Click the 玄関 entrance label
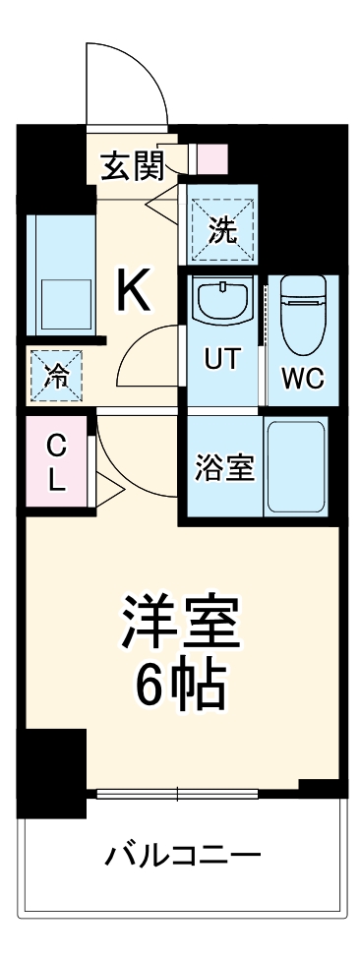(x=132, y=166)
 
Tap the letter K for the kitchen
(x=134, y=290)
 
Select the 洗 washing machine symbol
(x=221, y=228)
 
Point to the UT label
(x=221, y=360)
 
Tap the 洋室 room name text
(x=181, y=619)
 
